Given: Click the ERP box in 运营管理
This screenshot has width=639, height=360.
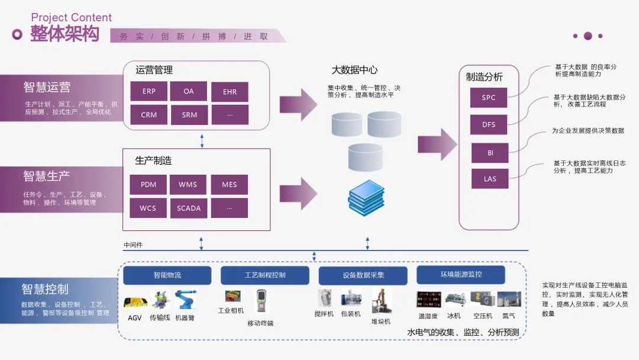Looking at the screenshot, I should tap(149, 92).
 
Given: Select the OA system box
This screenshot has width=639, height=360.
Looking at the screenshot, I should tap(189, 92).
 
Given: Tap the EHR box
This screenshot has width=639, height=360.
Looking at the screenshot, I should tap(230, 92).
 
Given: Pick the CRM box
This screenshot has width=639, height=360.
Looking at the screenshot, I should tap(149, 115).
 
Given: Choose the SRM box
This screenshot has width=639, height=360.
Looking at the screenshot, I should tap(189, 115).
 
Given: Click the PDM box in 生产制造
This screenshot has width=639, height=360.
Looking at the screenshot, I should tap(149, 185).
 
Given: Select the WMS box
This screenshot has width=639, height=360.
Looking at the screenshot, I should tap(189, 185).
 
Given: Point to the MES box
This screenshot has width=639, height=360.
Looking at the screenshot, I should tap(230, 185).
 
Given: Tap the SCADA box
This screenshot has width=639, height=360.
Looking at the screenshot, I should tap(189, 208).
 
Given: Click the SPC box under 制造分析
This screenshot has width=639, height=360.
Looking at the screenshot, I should tap(489, 98).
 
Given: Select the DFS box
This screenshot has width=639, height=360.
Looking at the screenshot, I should tap(489, 125).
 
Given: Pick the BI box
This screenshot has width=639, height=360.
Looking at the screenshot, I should tap(490, 153).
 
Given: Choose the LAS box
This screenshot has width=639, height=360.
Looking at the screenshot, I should tap(490, 179).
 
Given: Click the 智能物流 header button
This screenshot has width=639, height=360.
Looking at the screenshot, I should tap(167, 275).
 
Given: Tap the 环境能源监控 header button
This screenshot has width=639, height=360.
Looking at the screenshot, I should tap(461, 275).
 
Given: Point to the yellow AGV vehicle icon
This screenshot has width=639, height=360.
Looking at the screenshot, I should tap(135, 303).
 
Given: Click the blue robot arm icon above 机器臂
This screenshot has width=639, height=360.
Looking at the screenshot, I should tap(185, 300).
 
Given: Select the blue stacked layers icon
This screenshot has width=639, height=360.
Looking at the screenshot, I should tap(366, 197).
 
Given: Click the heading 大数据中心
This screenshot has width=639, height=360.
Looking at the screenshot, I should tap(354, 70).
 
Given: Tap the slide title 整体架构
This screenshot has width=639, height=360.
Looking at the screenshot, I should tap(64, 34).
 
